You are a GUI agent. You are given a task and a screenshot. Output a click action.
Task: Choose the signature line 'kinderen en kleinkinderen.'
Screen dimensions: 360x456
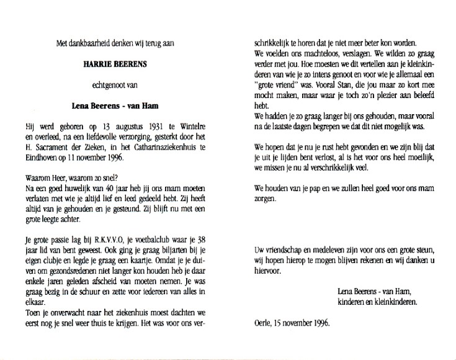376,302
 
